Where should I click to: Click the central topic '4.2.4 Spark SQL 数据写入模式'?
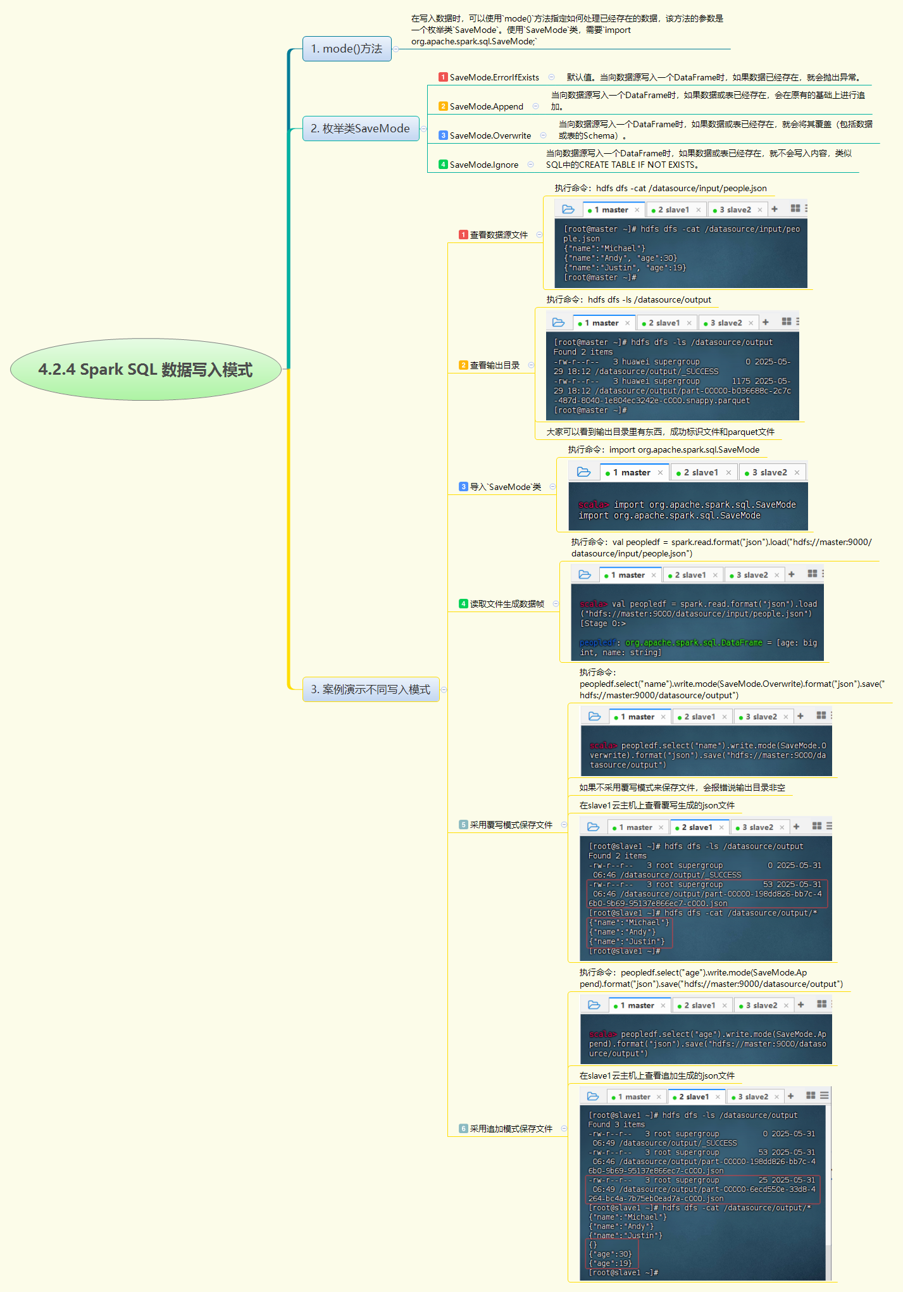[146, 370]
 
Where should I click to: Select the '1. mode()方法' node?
[347, 49]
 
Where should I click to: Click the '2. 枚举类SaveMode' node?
[360, 129]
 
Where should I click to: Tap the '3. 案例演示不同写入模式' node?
[370, 689]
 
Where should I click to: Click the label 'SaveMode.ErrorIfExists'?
[494, 77]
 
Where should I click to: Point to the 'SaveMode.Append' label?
[486, 106]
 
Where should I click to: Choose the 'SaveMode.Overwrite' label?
[490, 135]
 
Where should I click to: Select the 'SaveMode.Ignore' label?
[483, 165]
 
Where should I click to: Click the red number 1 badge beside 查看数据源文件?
[463, 235]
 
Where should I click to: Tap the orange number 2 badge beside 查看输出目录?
[463, 365]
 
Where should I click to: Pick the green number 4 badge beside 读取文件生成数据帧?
[463, 604]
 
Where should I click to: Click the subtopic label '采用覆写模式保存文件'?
[511, 825]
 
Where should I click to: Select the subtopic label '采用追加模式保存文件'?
[511, 1129]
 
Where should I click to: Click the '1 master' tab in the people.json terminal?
[611, 210]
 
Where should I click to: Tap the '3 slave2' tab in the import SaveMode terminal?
[769, 472]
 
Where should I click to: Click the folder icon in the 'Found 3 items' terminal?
[593, 1096]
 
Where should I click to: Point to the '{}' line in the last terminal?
[593, 1245]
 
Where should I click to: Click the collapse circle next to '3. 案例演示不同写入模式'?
[444, 689]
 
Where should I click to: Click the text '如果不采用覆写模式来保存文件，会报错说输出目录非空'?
[682, 787]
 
